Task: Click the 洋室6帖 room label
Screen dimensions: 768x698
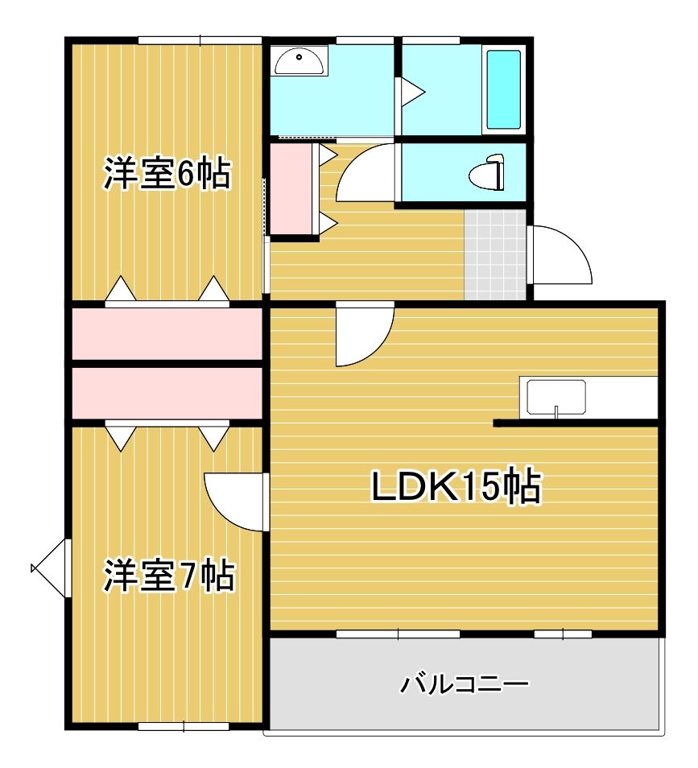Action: click(167, 175)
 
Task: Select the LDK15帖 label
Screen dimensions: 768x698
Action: click(456, 487)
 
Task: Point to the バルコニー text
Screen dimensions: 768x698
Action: click(465, 685)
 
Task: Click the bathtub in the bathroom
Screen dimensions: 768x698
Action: click(504, 89)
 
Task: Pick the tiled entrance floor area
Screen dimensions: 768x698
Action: click(495, 254)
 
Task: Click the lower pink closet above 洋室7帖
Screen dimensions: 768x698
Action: click(167, 393)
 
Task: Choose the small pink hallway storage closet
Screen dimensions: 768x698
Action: click(293, 189)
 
